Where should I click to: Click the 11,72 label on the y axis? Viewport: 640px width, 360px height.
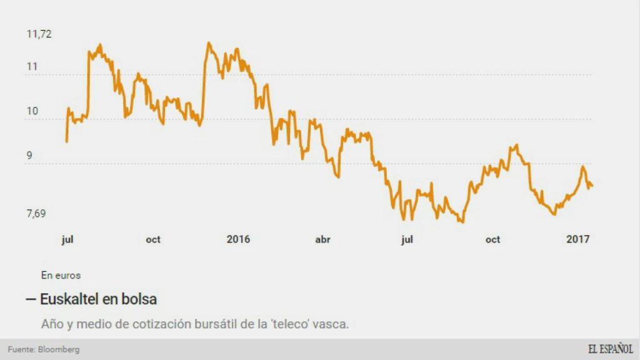click(39, 34)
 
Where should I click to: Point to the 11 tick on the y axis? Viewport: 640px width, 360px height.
click(32, 66)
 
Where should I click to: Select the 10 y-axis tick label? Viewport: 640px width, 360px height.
click(32, 111)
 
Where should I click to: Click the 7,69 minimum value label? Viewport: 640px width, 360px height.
click(36, 214)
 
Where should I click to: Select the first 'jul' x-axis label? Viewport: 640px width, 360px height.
click(68, 239)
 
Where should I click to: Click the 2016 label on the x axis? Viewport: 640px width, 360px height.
click(238, 239)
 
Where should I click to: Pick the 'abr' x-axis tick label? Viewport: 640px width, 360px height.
click(322, 239)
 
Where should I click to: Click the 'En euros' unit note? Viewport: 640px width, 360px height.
click(61, 275)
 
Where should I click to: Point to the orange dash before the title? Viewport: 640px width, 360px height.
click(31, 300)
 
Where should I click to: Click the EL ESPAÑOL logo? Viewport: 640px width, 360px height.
click(610, 349)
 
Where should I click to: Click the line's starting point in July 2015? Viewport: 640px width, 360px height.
click(66, 141)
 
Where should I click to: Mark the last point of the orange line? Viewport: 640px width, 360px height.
click(592, 186)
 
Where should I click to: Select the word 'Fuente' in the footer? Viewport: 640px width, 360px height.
click(21, 350)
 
